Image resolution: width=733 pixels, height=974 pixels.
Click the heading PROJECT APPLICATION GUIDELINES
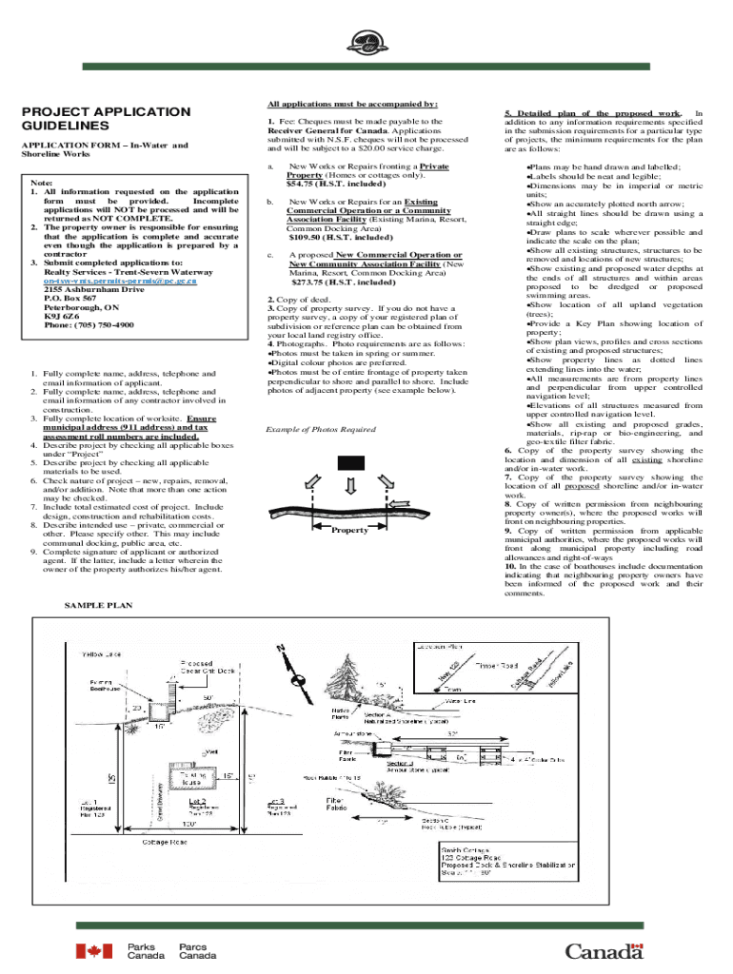click(106, 119)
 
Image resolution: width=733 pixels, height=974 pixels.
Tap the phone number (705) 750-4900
click(89, 324)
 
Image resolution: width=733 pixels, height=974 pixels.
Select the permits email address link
click(120, 281)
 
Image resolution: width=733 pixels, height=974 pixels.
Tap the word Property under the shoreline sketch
click(349, 530)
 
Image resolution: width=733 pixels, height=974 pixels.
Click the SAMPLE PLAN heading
click(98, 605)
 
